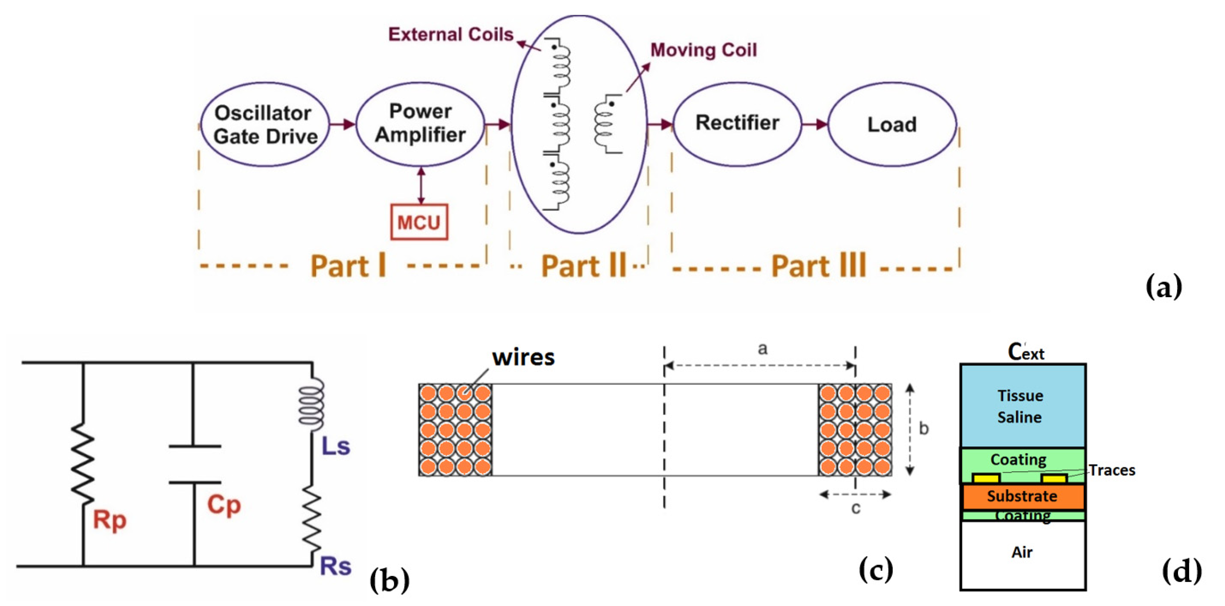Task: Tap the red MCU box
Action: (419, 222)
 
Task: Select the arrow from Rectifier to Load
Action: (815, 125)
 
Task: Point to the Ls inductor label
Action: (336, 446)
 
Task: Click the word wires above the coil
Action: (523, 357)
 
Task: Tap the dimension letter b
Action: (923, 429)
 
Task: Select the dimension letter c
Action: (855, 508)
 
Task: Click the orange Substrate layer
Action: (1023, 496)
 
